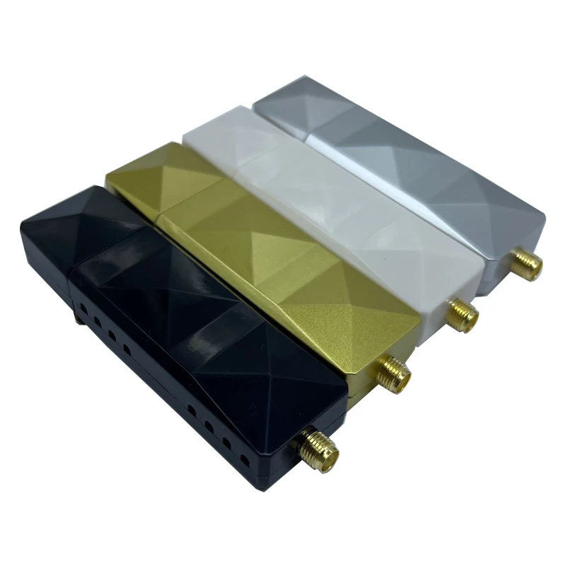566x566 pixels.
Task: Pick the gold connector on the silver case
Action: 526,263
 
